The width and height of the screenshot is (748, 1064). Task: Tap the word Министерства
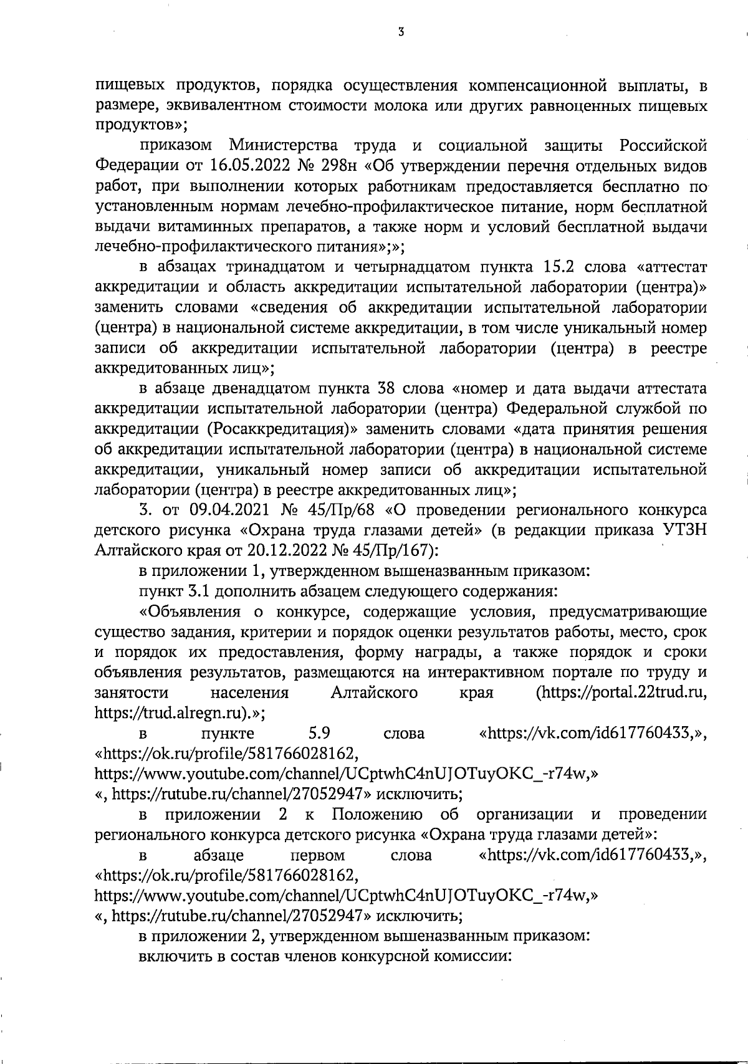point(284,146)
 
